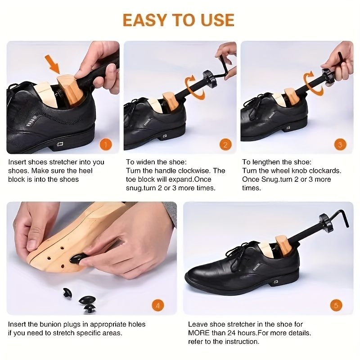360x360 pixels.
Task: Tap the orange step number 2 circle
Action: click(x=225, y=145)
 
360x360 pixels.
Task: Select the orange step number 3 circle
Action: click(x=340, y=145)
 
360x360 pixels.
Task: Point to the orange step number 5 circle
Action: click(x=336, y=306)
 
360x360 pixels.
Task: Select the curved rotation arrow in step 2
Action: click(x=195, y=87)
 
